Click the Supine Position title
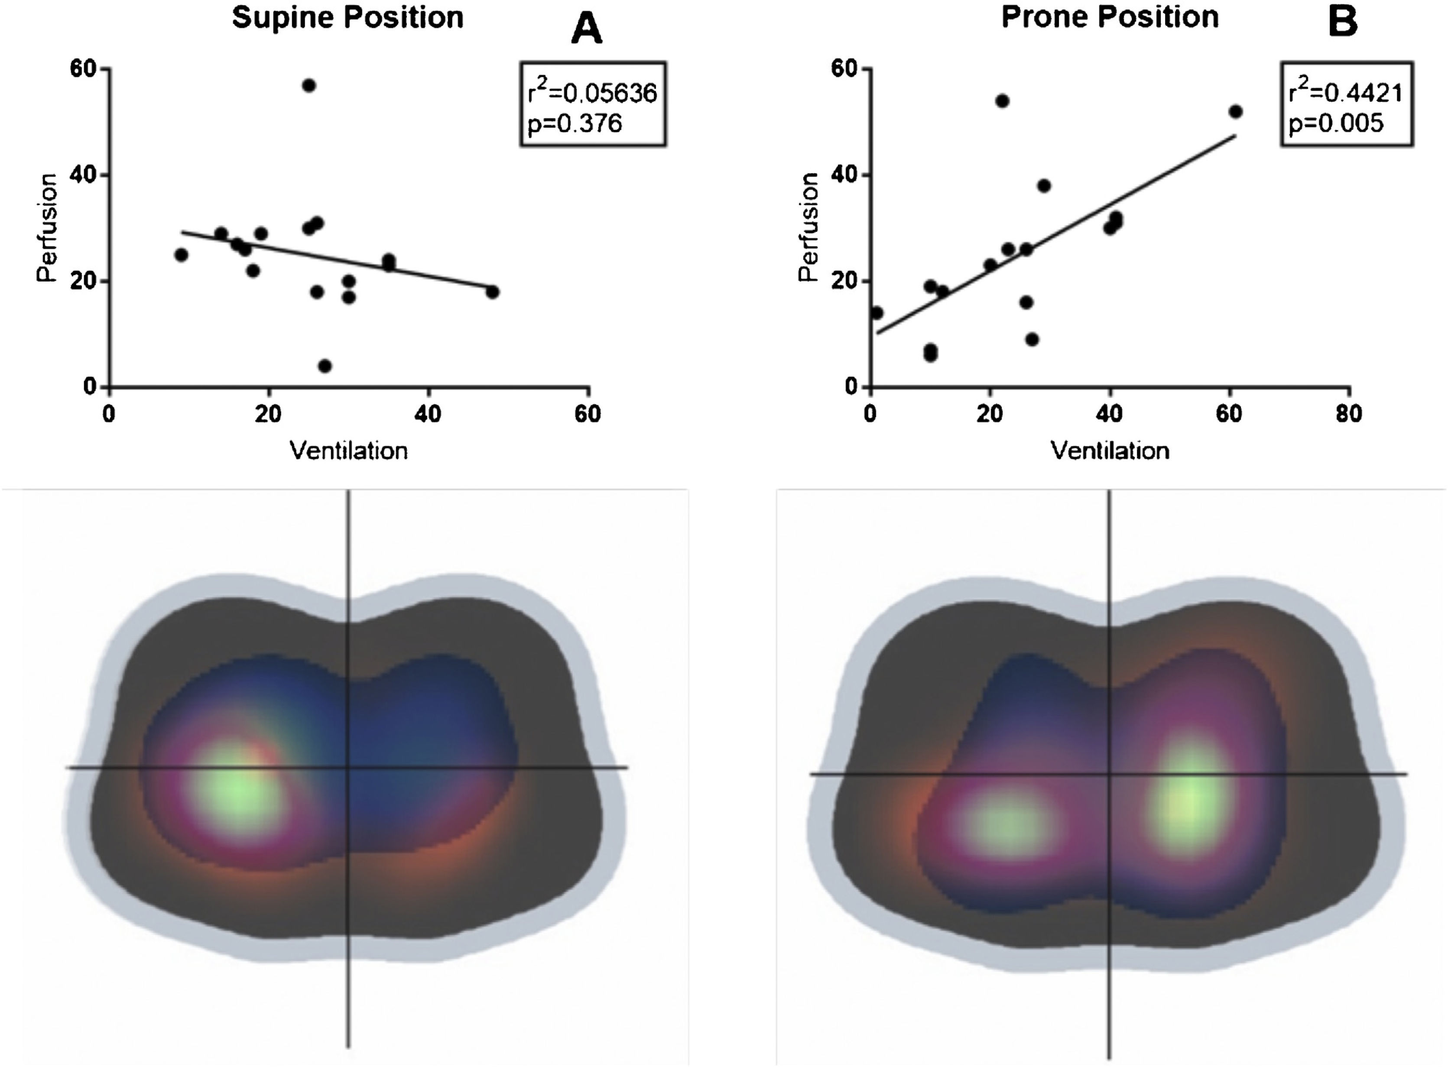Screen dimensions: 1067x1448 pos(347,17)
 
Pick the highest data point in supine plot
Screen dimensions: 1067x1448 pos(309,85)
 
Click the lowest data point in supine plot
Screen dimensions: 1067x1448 pos(325,366)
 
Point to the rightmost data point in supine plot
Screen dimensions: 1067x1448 pos(493,292)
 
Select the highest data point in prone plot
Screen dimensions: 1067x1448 pos(1002,101)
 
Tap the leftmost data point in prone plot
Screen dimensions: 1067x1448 pos(877,313)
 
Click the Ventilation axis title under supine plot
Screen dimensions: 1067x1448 pos(349,451)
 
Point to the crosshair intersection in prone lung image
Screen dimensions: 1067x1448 pos(1110,774)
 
